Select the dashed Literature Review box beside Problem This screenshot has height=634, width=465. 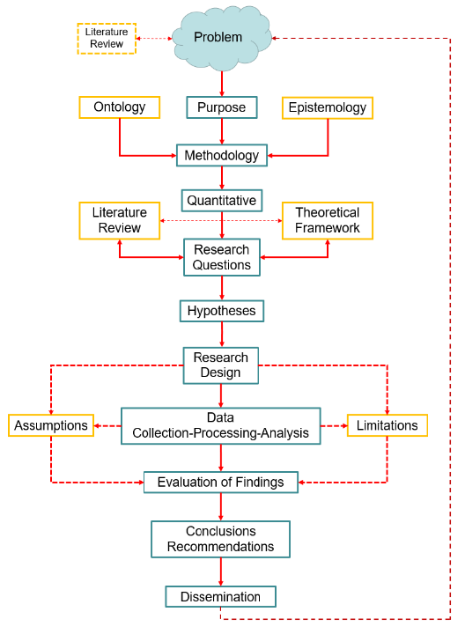106,38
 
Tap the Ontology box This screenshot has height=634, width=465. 119,107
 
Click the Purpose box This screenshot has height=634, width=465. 221,107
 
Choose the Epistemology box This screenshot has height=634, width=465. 328,107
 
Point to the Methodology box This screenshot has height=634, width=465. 221,156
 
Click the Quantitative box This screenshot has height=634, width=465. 221,200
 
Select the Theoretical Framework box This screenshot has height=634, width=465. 327,220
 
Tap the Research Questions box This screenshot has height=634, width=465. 222,257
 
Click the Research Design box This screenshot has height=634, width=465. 221,365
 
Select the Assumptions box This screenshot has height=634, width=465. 51,425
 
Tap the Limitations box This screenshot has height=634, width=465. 387,425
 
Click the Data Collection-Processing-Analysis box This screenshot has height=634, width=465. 220,424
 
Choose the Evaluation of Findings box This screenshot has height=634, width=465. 221,482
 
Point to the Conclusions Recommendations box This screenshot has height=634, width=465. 220,539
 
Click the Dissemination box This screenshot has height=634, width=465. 220,596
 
